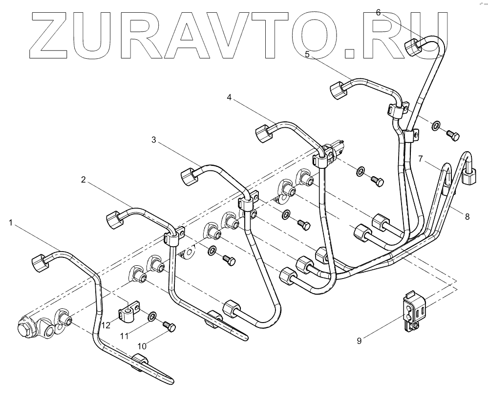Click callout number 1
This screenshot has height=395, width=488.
point(11,223)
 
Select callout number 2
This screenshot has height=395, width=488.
point(84,180)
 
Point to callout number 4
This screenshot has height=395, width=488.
point(229,97)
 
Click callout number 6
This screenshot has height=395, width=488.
point(379,12)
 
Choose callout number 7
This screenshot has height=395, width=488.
point(421,159)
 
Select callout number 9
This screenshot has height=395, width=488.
point(359,341)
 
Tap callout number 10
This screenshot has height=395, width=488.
point(141,346)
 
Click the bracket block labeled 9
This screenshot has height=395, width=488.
point(411,311)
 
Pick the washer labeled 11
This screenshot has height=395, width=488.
point(153,316)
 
